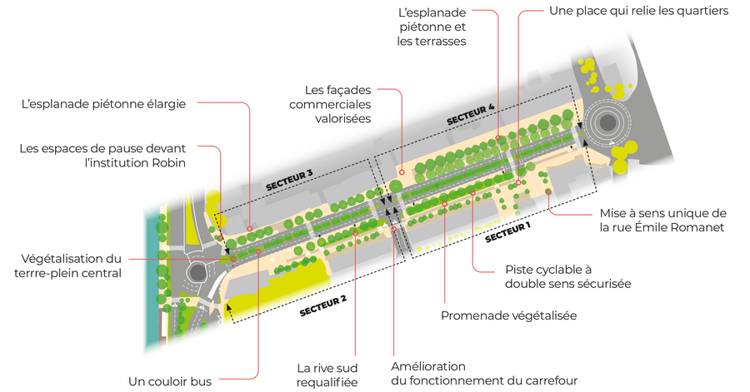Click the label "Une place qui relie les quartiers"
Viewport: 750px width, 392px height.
point(638,11)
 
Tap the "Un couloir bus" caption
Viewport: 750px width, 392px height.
point(170,381)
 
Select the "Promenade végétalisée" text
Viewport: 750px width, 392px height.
point(508,315)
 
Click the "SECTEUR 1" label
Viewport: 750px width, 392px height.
point(508,231)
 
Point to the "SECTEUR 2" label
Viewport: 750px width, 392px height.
point(322,305)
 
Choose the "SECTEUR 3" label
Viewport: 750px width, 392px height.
point(289,180)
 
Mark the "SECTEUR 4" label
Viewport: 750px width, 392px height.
point(470,115)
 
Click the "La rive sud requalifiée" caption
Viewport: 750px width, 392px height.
point(327,375)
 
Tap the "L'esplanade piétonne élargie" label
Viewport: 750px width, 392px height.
point(104,103)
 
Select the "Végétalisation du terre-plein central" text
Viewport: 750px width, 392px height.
point(67,266)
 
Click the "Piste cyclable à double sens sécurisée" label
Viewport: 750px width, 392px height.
point(568,276)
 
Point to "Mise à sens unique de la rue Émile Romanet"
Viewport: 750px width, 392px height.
point(663,220)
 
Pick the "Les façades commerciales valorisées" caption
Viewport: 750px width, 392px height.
point(330,104)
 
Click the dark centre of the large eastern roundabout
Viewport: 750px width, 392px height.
point(607,122)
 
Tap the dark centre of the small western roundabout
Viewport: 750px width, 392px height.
point(197,272)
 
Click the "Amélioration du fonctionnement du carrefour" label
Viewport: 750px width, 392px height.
point(484,374)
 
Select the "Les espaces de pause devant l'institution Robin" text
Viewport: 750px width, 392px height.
point(102,156)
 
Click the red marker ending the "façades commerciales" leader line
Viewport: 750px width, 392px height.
point(402,172)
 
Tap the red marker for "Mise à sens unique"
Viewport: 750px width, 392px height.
point(548,192)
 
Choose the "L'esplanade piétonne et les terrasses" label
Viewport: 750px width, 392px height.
point(432,27)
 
